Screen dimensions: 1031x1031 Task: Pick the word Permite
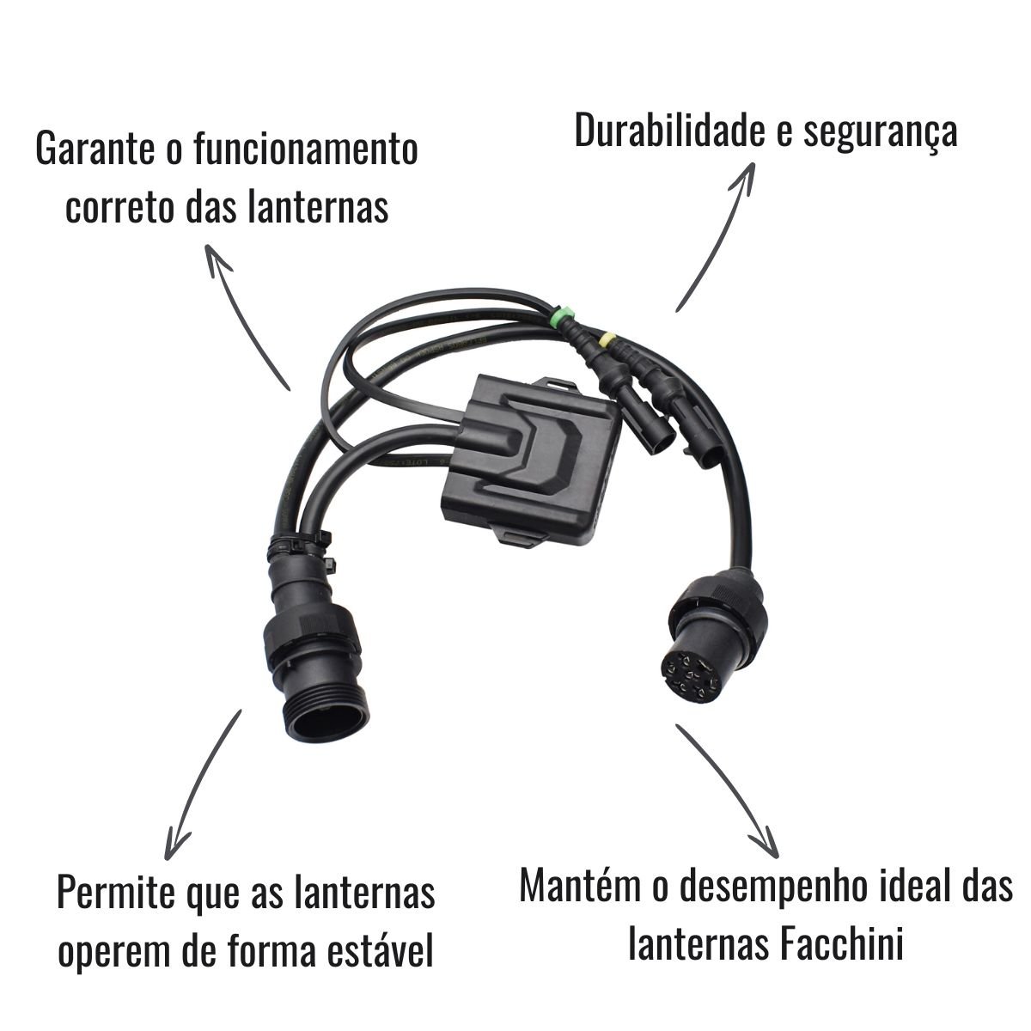116,893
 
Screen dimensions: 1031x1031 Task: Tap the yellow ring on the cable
607,339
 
